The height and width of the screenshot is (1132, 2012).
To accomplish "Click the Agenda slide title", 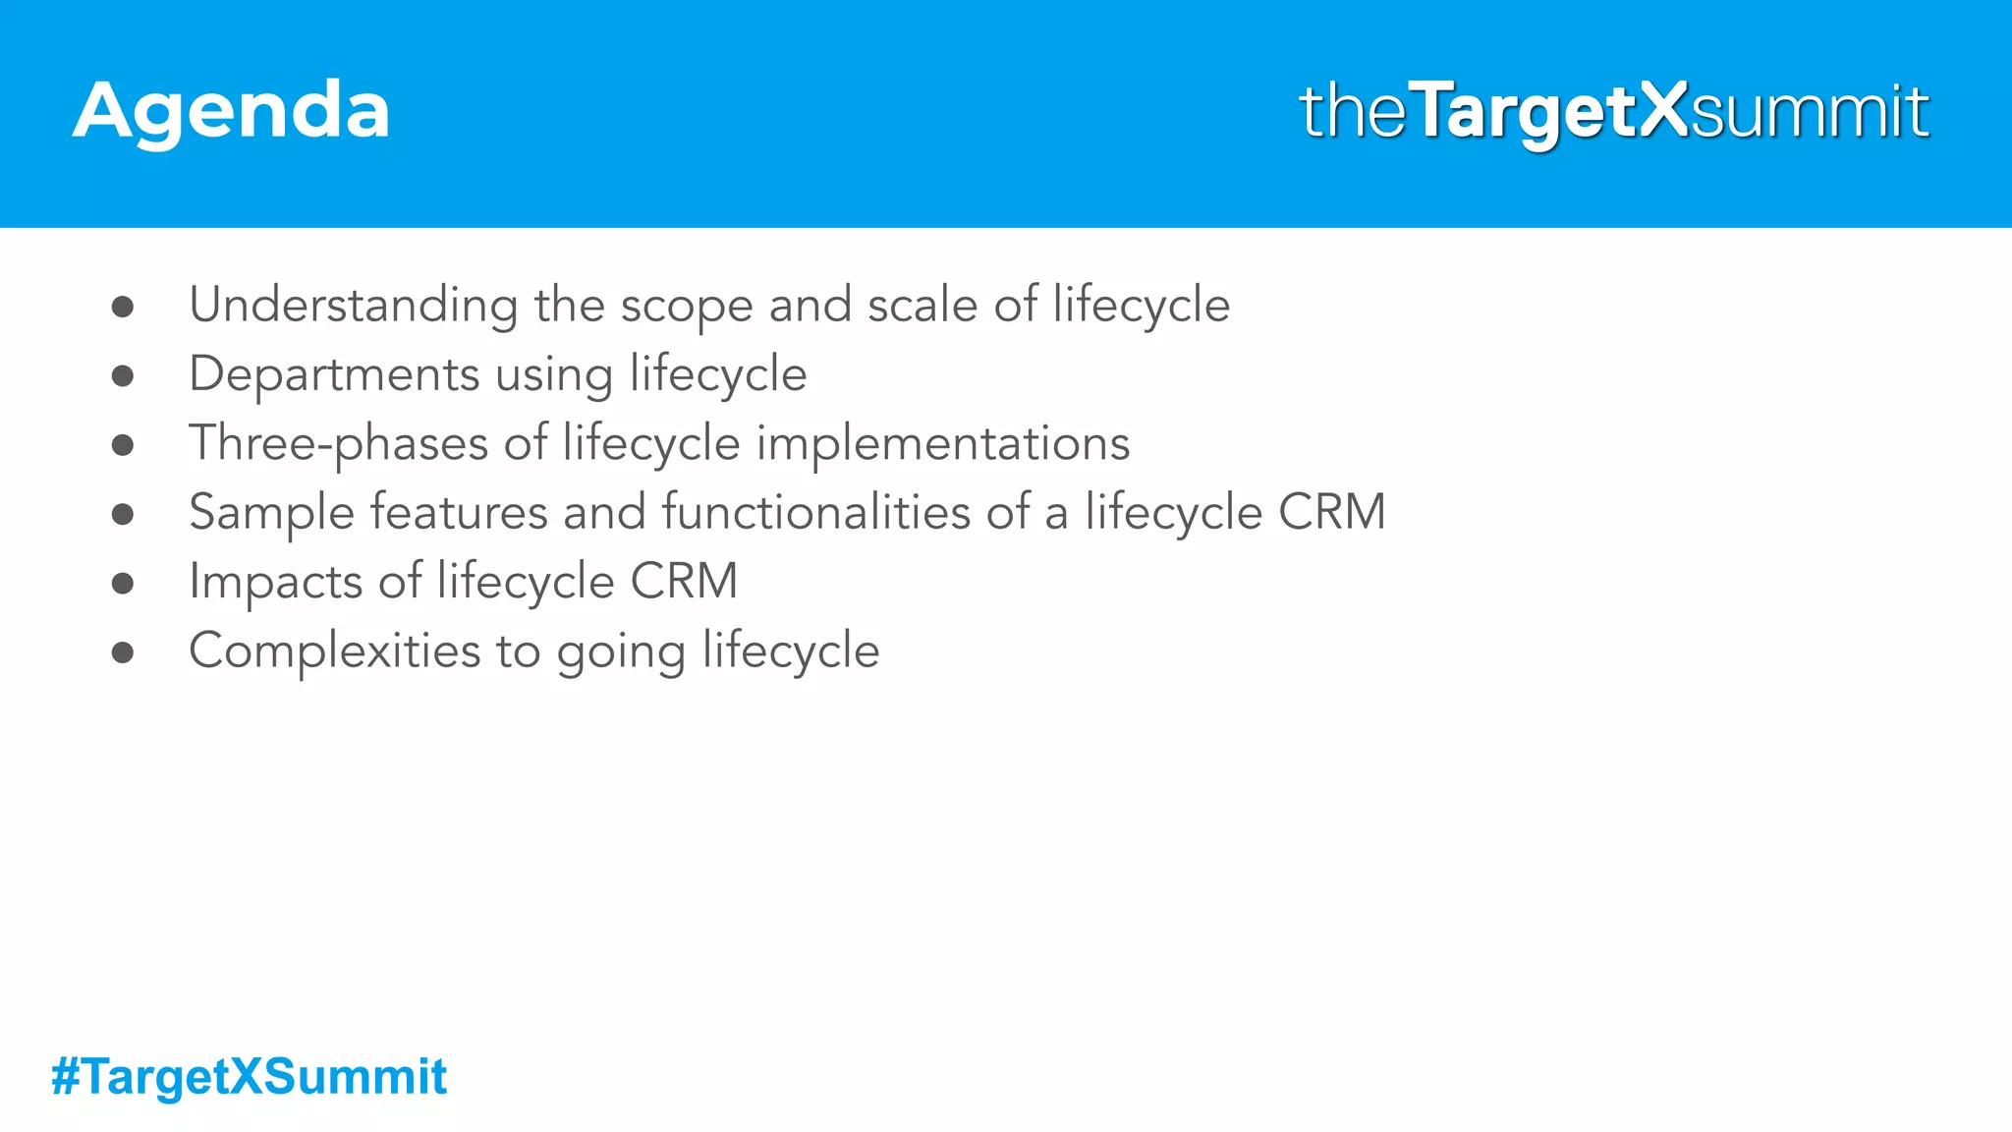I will coord(231,111).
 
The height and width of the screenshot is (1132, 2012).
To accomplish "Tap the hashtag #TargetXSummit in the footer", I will coord(249,1076).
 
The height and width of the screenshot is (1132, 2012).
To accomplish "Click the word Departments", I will coord(334,375).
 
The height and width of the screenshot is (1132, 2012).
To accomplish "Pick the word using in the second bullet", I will coord(554,377).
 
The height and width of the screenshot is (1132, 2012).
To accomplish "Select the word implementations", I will coord(943,444).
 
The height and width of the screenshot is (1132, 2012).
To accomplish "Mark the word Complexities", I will coord(335,651).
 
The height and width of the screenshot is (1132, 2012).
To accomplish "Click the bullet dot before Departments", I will coord(123,375).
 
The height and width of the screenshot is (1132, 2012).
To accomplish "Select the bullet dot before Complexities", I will coord(123,652).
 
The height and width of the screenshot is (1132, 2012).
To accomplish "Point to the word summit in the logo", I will coord(1810,112).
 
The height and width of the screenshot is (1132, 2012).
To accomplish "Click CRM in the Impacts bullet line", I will coord(684,582).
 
